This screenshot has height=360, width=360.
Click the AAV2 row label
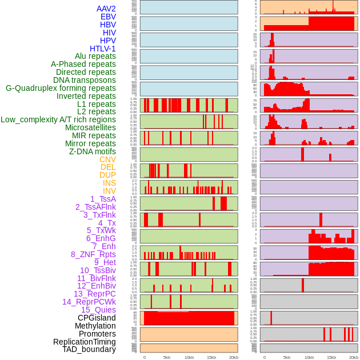[x=106, y=9]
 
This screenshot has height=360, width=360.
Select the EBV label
[x=108, y=17]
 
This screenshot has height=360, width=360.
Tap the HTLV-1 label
[x=103, y=49]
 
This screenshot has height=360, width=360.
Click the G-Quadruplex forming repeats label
[x=61, y=88]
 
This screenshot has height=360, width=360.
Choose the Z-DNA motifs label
[x=93, y=151]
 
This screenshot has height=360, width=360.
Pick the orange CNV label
[x=107, y=159]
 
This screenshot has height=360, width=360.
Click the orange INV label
[x=109, y=191]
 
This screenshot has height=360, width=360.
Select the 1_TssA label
[x=103, y=199]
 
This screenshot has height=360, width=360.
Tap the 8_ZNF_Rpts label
[x=93, y=254]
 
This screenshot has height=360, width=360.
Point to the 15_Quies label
[x=98, y=310]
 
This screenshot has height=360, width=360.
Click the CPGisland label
[x=97, y=318]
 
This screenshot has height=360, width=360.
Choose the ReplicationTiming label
[x=84, y=342]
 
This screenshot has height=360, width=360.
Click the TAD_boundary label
[x=89, y=349]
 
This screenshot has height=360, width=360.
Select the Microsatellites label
[x=90, y=127]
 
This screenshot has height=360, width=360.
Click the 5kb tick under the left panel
[x=167, y=357]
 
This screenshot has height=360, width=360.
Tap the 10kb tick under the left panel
[x=189, y=357]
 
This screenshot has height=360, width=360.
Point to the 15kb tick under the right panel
[x=331, y=357]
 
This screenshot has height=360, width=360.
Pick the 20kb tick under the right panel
[x=354, y=357]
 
